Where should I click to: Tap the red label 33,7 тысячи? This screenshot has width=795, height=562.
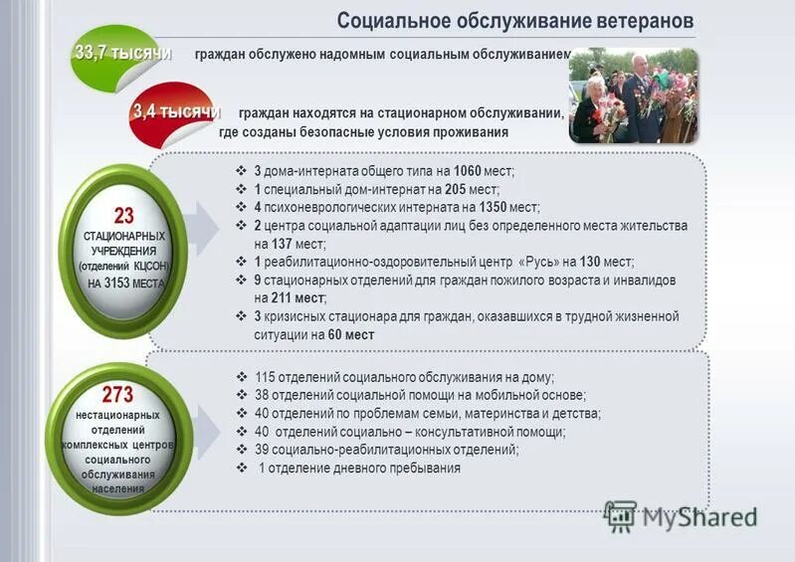coord(122,52)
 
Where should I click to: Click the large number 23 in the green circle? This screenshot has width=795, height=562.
coord(123,216)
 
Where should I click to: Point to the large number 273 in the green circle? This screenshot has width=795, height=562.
coord(117,395)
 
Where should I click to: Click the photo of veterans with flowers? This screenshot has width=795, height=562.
coord(633,95)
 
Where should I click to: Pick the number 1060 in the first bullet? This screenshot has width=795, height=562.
coord(467,171)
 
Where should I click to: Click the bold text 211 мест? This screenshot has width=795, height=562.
coord(298,297)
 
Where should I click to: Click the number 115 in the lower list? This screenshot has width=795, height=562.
coord(266,377)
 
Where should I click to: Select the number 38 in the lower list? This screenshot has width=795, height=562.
coord(262,395)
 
